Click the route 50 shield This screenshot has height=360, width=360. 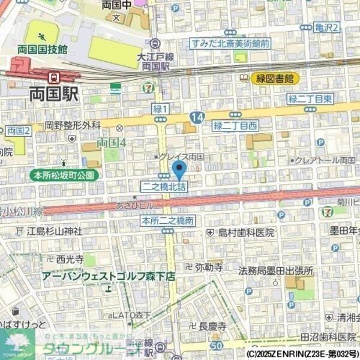pyautogui.click(x=217, y=345)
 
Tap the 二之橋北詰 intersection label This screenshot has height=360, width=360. pyautogui.click(x=164, y=187)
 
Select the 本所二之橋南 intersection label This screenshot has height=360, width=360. pyautogui.click(x=169, y=221)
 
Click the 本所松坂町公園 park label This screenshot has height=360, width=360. pyautogui.click(x=64, y=175)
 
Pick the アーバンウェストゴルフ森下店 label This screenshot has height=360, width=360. pyautogui.click(x=108, y=276)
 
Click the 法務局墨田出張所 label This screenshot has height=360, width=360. pyautogui.click(x=275, y=270)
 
